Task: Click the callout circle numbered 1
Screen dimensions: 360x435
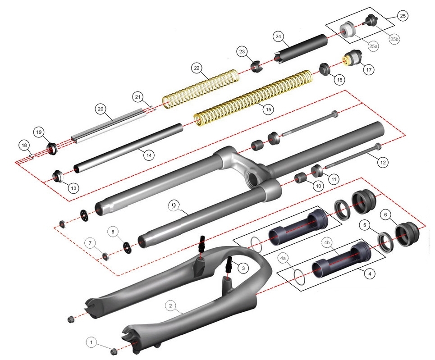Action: pyautogui.click(x=92, y=343)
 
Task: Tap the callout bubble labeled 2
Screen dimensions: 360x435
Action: pyautogui.click(x=170, y=306)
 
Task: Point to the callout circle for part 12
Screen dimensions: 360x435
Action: pyautogui.click(x=383, y=161)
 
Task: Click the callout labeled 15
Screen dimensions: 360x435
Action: pyautogui.click(x=268, y=109)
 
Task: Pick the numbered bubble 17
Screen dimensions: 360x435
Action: pyautogui.click(x=368, y=70)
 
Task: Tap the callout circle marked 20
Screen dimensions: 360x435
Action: pyautogui.click(x=101, y=109)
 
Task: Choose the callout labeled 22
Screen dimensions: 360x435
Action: pyautogui.click(x=197, y=68)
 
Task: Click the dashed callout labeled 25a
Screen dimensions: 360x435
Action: pyautogui.click(x=373, y=46)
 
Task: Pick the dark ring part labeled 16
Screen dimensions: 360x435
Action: pyautogui.click(x=325, y=69)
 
